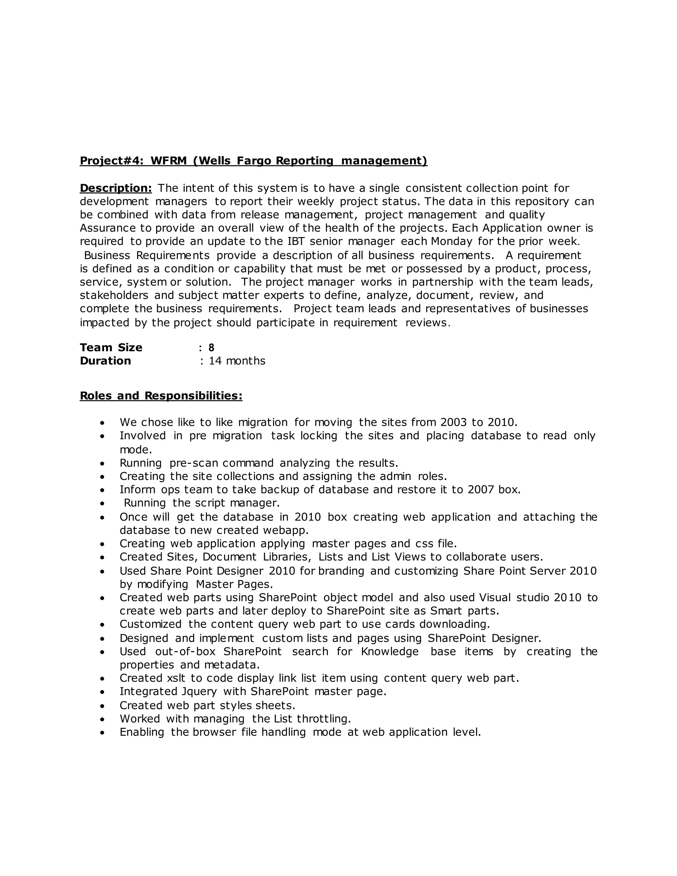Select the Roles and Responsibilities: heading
click(x=161, y=396)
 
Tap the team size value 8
click(x=211, y=348)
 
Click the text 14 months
click(x=237, y=361)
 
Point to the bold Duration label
click(x=105, y=361)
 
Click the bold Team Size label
click(x=111, y=348)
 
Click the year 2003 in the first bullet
click(x=453, y=422)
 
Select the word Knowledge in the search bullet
click(x=390, y=652)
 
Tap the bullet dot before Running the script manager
click(x=103, y=504)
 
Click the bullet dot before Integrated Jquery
click(x=103, y=692)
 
